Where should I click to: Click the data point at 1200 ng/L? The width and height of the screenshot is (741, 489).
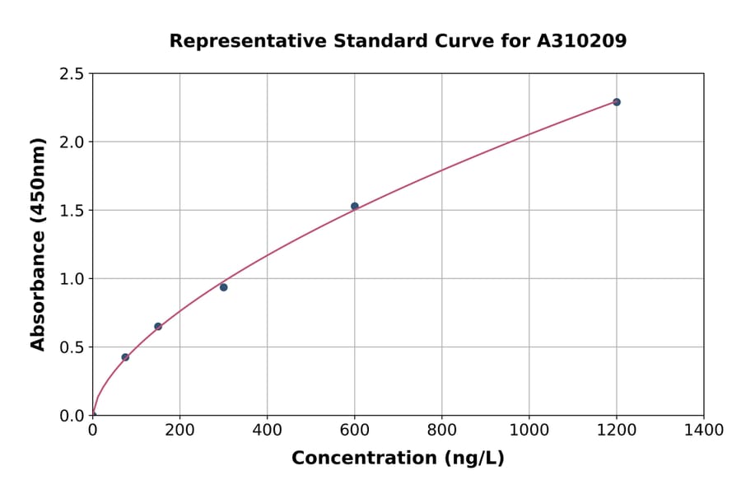617,102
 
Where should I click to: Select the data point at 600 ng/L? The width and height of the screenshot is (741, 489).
355,206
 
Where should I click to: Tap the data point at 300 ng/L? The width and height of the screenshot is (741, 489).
224,287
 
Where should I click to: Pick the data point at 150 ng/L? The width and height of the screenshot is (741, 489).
158,327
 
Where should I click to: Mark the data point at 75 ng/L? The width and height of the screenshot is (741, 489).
125,357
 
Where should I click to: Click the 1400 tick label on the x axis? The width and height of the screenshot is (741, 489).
704,430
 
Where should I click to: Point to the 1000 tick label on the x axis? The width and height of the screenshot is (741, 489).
529,430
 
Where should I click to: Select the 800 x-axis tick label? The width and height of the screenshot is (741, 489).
442,430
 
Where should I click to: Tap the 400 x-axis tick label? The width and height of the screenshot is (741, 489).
267,430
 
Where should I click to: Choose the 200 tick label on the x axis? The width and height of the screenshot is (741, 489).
179,430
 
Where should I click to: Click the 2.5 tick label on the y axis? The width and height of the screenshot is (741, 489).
72,74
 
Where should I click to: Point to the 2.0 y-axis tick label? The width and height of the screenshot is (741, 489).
72,142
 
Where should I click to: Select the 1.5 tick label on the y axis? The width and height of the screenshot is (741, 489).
72,211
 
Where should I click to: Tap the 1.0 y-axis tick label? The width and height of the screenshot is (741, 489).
72,279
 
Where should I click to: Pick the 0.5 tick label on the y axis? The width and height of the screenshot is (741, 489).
72,347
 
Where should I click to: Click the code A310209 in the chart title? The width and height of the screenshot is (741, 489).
582,40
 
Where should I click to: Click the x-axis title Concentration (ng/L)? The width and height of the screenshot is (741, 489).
398,458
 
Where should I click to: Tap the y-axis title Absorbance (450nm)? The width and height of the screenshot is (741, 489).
38,244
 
